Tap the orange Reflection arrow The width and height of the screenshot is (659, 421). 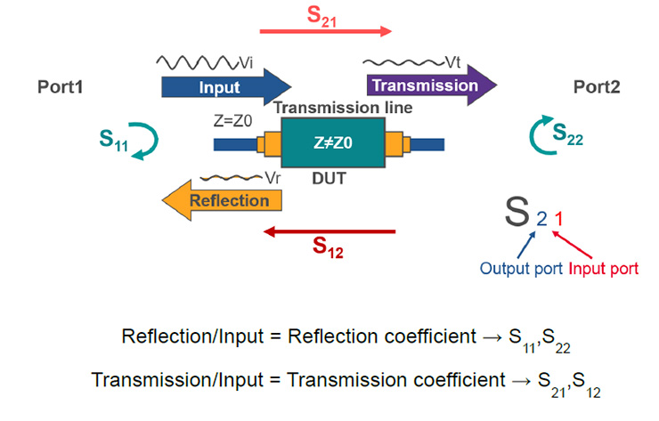[x=222, y=200]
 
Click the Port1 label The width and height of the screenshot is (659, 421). [x=60, y=87]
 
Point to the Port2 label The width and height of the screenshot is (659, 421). [x=597, y=87]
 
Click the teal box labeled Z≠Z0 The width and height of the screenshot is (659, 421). [x=333, y=142]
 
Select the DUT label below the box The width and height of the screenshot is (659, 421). [x=329, y=179]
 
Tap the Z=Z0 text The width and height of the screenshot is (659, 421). [x=232, y=121]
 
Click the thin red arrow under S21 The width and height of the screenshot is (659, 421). [x=326, y=31]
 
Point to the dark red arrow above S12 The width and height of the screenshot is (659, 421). [x=329, y=231]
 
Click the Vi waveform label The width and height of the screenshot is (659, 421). [x=246, y=63]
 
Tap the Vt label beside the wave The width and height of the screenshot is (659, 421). [x=452, y=62]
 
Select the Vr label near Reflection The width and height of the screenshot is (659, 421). [x=273, y=178]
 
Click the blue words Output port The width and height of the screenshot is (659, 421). [x=521, y=269]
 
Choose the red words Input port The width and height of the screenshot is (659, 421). [x=604, y=269]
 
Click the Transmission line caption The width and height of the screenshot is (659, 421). [x=344, y=108]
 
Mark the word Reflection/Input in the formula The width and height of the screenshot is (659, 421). [x=192, y=336]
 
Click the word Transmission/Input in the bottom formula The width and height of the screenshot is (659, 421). [x=177, y=380]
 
